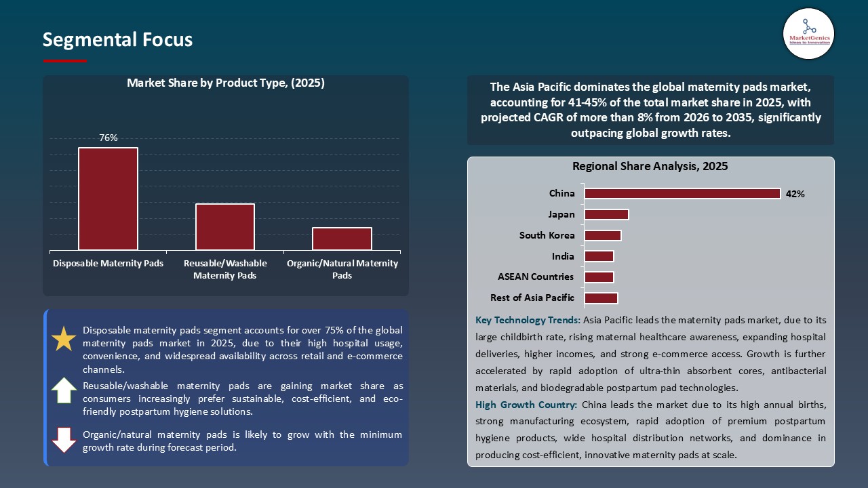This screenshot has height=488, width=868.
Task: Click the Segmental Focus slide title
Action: tap(117, 40)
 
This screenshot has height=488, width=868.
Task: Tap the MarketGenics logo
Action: tap(808, 34)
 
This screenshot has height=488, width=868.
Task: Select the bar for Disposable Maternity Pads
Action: tap(108, 199)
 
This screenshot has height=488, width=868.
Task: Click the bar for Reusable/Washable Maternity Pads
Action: tap(224, 226)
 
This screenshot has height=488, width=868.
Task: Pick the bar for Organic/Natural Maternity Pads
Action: tap(342, 239)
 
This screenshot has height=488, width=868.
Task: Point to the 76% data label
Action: tap(108, 138)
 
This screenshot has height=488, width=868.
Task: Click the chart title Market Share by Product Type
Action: tap(226, 83)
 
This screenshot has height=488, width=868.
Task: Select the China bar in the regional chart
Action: tap(682, 194)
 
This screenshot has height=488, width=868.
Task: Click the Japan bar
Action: tap(606, 215)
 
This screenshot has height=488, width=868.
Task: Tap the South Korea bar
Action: tap(602, 236)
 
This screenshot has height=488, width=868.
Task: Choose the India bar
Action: tap(599, 256)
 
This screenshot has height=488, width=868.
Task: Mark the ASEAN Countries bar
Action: tap(599, 277)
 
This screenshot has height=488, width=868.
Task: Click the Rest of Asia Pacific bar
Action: tap(601, 298)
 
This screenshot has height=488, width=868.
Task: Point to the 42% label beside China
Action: tap(795, 195)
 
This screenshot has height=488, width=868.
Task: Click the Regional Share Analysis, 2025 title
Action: tap(650, 167)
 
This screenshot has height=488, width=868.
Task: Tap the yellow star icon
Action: tap(64, 339)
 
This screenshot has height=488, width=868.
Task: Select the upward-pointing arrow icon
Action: tap(64, 390)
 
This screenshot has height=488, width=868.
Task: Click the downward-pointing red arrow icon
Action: tap(64, 440)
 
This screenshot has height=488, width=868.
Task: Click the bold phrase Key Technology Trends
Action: tap(528, 320)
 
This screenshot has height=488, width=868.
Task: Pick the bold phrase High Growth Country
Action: tap(526, 405)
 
